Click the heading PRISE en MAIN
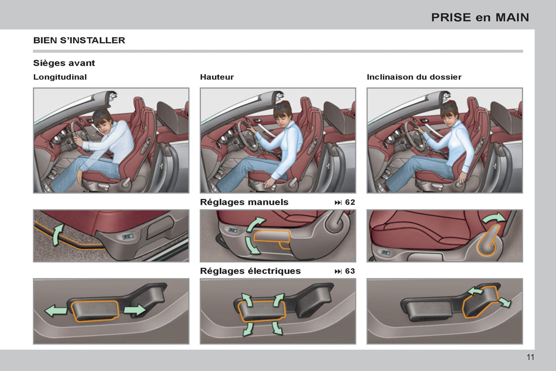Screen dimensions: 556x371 coord(480,18)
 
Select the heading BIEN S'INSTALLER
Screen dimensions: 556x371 coord(79,40)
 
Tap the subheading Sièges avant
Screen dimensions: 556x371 coord(64,63)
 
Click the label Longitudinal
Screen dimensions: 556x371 coord(60,77)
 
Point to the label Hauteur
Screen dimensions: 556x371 coord(217,77)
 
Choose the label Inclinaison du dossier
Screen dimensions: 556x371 coord(414,77)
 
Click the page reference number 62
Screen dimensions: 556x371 coord(350,202)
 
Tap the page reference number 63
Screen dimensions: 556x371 coord(350,271)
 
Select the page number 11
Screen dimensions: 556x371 coord(530,358)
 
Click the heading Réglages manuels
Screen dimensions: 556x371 coord(244,202)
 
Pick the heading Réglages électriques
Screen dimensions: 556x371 coord(250,271)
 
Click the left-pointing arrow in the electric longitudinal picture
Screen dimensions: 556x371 coord(56,311)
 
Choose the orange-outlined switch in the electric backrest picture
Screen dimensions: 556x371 coord(480,302)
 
